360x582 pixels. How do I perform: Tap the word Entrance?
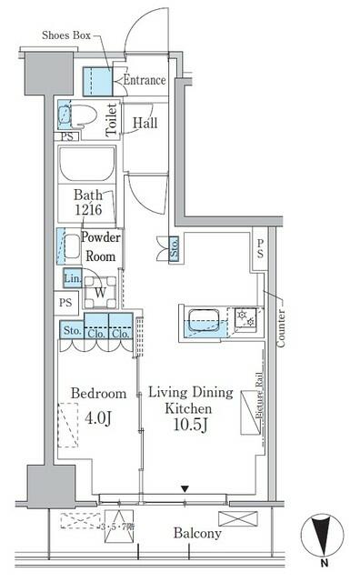pos(144,80)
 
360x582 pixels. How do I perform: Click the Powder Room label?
pos(100,246)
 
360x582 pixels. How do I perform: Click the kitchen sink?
pos(201,320)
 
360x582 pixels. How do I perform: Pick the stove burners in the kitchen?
pos(245,318)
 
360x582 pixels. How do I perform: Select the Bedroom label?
pos(97,394)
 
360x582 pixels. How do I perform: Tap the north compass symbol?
pos(321,537)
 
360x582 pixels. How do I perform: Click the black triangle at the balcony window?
pos(185,490)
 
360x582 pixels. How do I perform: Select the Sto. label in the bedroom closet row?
pos(71,331)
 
